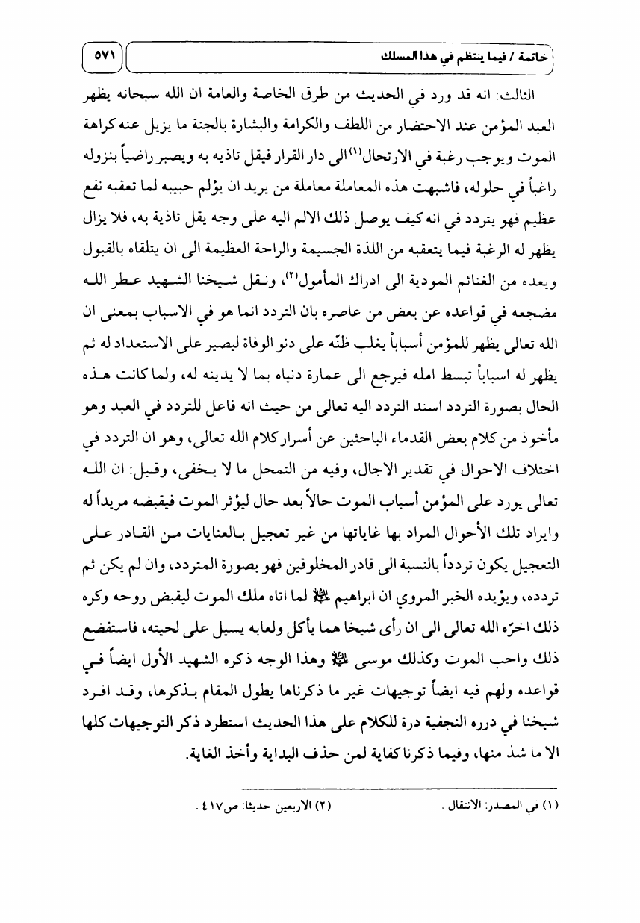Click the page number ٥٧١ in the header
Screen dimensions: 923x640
[x=102, y=56]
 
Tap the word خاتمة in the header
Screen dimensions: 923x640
[x=548, y=56]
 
